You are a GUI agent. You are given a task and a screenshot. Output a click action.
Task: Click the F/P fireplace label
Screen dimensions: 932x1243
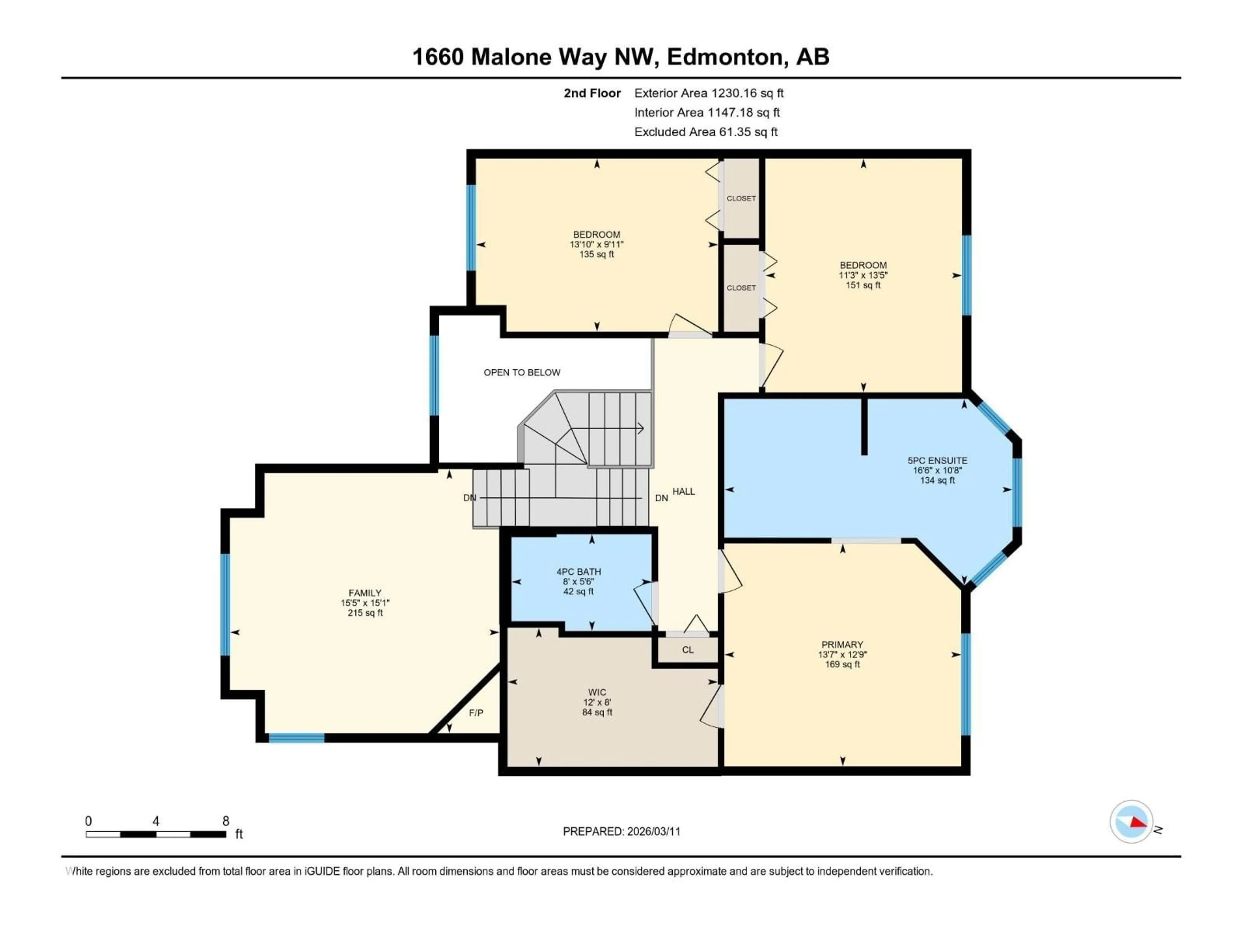point(476,713)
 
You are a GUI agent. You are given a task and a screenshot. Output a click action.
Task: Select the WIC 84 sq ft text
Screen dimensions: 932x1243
point(597,712)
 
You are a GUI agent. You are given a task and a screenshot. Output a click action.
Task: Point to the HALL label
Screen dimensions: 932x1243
point(683,492)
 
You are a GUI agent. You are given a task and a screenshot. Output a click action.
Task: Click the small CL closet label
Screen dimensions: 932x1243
point(688,650)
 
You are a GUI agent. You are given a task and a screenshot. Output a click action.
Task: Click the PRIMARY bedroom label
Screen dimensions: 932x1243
point(842,644)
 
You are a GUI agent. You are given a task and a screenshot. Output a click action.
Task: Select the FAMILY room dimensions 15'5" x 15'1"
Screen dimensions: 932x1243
point(365,603)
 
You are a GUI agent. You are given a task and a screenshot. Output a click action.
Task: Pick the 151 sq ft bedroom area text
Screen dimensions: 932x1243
point(863,285)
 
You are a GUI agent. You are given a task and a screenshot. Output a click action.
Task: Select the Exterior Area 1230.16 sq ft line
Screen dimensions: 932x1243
point(709,93)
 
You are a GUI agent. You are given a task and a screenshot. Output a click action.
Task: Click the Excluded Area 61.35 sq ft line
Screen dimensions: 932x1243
point(706,132)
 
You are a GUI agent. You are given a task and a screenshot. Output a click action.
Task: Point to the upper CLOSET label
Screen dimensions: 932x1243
point(741,198)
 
